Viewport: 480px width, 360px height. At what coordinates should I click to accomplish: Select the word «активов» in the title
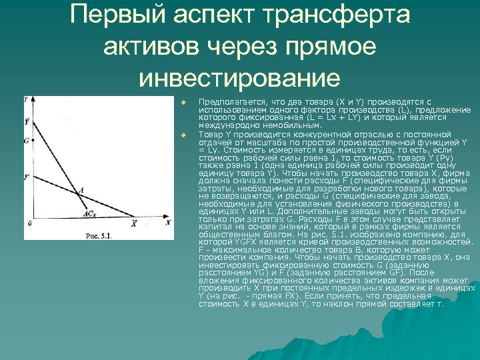coord(155,47)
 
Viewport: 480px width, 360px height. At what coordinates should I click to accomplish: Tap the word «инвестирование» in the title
coord(240,79)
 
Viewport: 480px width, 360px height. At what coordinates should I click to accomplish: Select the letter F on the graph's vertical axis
coord(26,177)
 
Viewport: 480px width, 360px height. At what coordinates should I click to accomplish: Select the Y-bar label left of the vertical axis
coord(26,121)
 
